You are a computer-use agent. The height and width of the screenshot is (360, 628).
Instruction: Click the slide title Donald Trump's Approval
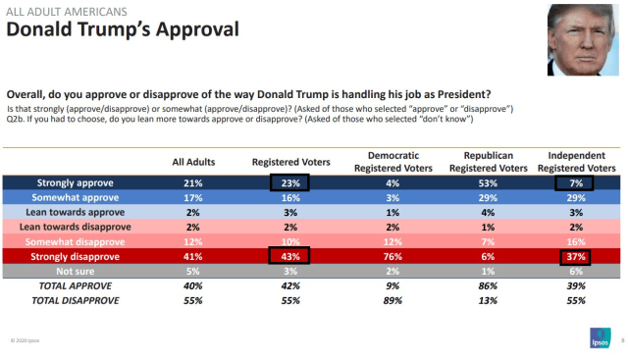tap(123, 29)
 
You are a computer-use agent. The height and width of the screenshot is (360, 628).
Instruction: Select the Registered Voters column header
tap(290, 163)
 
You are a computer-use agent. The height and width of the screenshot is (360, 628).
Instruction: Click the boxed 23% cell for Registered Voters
tap(290, 182)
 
